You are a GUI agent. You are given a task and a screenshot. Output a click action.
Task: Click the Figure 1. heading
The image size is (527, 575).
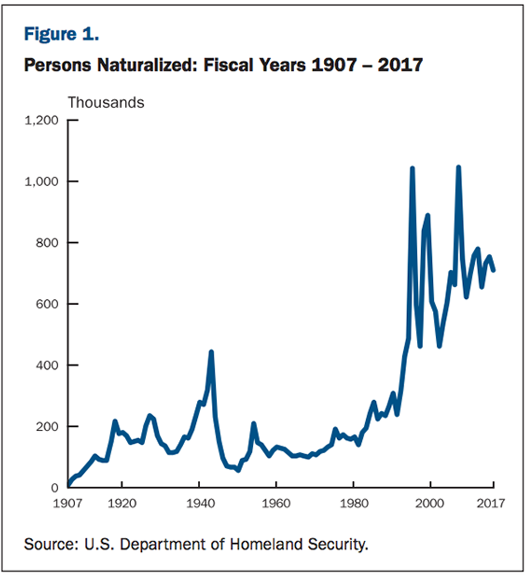tap(61, 34)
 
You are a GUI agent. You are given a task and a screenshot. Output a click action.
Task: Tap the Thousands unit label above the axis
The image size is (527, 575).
tap(106, 102)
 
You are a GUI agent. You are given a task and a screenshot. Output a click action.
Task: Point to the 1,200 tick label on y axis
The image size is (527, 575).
tap(42, 120)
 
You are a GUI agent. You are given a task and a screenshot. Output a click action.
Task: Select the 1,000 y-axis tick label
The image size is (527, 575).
tap(42, 181)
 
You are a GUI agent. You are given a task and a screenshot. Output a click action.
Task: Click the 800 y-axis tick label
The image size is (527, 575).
tap(48, 243)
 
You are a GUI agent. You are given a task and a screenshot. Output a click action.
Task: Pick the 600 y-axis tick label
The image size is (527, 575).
tap(48, 304)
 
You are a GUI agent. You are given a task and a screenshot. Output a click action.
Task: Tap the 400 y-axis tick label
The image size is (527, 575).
tap(48, 366)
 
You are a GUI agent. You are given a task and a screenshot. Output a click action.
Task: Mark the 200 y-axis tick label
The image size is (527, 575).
tap(48, 426)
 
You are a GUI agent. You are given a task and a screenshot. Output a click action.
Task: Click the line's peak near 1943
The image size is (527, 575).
tap(211, 352)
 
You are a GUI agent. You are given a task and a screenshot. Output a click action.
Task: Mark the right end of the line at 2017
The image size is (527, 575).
tap(493, 270)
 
